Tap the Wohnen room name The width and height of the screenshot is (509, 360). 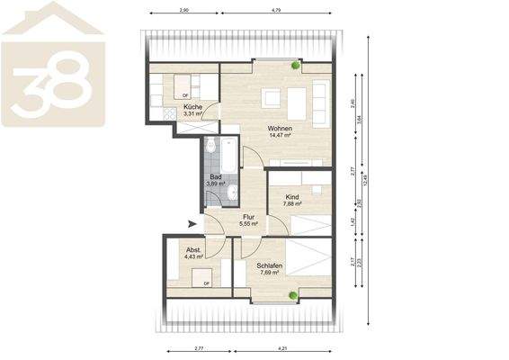[280, 128]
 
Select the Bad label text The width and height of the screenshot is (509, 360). [216, 176]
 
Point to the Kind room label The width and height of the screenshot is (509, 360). [292, 196]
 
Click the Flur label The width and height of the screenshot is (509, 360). [249, 216]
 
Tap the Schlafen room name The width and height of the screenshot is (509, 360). [269, 265]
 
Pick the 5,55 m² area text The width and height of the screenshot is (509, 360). [249, 223]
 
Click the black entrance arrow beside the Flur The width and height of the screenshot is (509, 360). [191, 223]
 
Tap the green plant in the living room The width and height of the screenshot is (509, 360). [296, 66]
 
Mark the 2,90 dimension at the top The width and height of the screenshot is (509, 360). [183, 9]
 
